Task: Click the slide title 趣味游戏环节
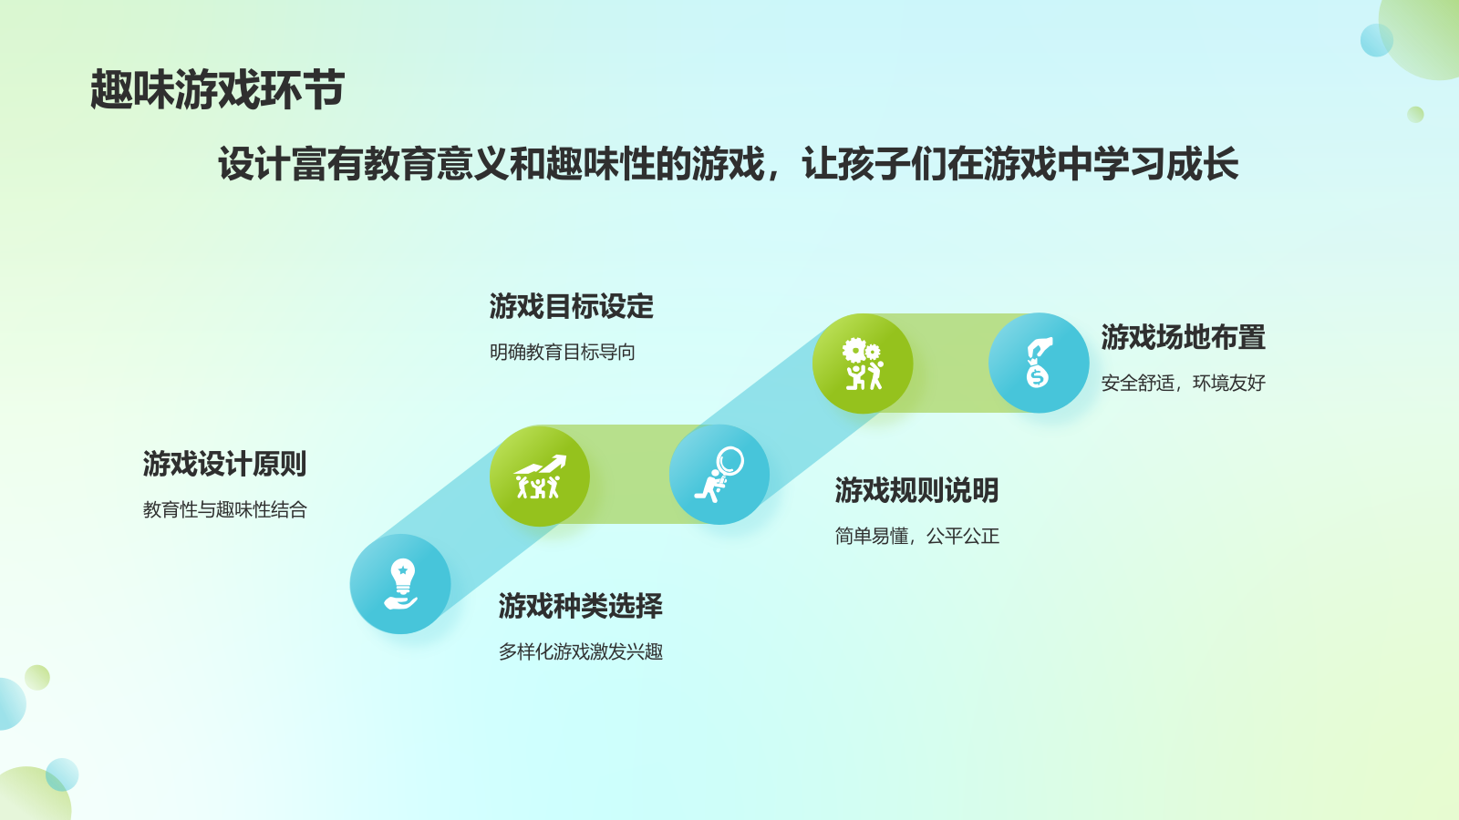point(218,89)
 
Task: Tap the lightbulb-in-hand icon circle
point(400,584)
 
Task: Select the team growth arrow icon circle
point(539,476)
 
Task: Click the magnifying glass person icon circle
point(719,475)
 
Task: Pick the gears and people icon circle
point(863,364)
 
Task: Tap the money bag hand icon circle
point(1039,364)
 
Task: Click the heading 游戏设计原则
point(224,464)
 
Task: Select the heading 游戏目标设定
point(571,306)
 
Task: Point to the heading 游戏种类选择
point(580,606)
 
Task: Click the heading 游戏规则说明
point(916,490)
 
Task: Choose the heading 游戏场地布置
point(1183,337)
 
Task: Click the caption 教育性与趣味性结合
point(224,509)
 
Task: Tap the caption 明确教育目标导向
point(562,352)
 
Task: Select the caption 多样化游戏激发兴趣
point(580,651)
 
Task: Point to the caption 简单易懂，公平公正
point(916,536)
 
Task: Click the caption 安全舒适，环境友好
point(1183,383)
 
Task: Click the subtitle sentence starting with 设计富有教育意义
point(728,163)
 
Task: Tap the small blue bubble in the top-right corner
point(1376,40)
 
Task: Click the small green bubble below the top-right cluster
point(1415,115)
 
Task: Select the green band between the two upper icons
point(951,364)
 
